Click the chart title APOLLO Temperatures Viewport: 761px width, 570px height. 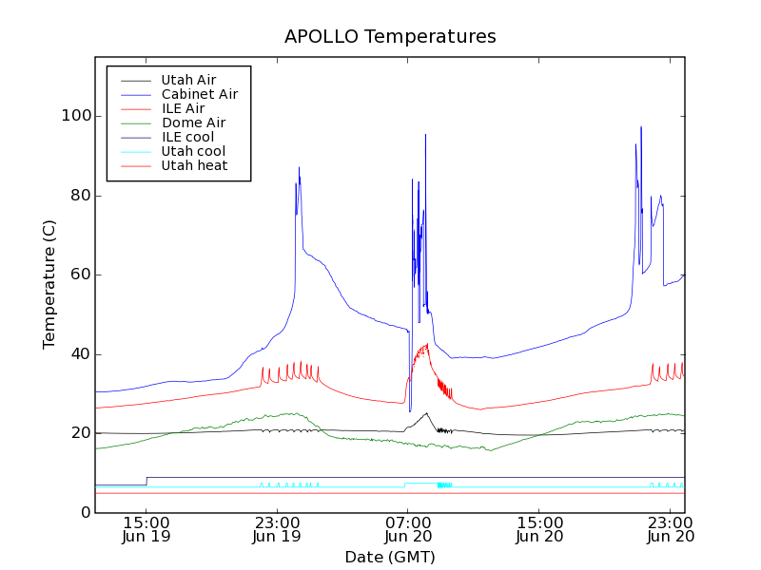tap(390, 37)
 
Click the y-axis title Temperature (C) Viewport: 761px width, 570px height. tap(49, 283)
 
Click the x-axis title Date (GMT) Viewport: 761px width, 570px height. tap(390, 557)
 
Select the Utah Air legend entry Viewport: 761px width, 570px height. tap(185, 80)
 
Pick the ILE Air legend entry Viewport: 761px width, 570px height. tap(183, 108)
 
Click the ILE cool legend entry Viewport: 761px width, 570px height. tap(187, 137)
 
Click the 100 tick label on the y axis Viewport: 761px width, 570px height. tap(77, 116)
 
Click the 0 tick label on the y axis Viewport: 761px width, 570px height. tap(86, 513)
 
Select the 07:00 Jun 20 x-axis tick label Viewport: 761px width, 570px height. tap(408, 529)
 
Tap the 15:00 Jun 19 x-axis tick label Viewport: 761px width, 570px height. tap(146, 529)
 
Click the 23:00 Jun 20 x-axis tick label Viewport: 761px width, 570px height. tap(671, 529)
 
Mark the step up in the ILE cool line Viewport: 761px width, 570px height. tap(146, 481)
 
